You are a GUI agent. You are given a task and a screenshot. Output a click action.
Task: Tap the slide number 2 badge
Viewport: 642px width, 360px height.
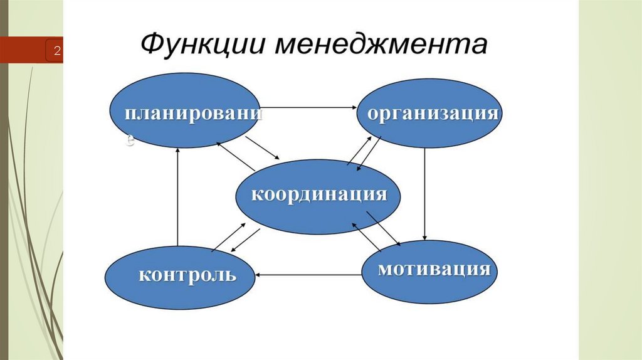coord(56,51)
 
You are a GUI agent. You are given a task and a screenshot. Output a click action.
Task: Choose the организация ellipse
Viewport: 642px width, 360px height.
coord(430,113)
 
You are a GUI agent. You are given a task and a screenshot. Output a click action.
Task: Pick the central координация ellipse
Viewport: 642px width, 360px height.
coord(318,196)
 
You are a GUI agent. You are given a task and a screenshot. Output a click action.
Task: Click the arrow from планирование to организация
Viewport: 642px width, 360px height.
coord(308,108)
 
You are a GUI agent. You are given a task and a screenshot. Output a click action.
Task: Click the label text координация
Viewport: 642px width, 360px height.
coord(318,194)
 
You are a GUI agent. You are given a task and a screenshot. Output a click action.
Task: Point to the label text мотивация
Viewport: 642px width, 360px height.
coord(433,270)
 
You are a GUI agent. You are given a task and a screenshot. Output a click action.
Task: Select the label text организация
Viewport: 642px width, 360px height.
coord(433,114)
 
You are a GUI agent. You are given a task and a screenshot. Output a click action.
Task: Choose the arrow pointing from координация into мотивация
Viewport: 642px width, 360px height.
coord(384,228)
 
